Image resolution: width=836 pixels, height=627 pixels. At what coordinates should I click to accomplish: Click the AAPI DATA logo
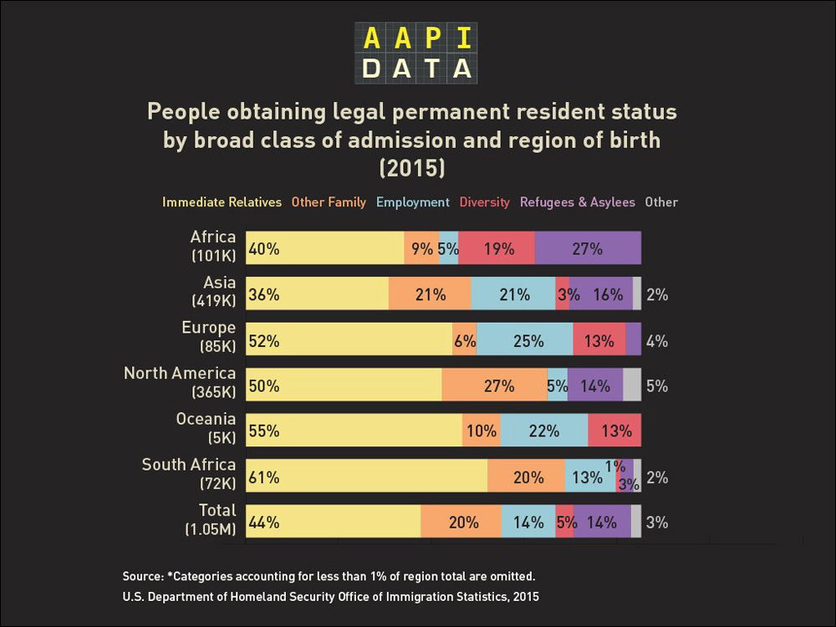coord(416,53)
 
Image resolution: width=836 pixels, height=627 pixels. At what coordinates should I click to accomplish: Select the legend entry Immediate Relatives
coord(222,202)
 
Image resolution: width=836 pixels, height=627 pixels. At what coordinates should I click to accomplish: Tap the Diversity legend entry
coord(484,202)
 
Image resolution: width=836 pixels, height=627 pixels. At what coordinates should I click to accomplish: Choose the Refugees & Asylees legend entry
coord(577,202)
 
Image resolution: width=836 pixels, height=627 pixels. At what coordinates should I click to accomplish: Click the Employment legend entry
coord(413,202)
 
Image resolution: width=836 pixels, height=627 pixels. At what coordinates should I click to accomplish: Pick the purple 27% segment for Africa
coord(588,248)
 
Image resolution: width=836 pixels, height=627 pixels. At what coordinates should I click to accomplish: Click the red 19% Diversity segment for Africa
coord(497,248)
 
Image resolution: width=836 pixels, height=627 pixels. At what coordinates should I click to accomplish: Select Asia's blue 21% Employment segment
coord(513,294)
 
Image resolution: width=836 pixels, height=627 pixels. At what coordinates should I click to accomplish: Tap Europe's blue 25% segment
coord(524,340)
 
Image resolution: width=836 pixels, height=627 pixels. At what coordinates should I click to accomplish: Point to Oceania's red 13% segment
coord(614,431)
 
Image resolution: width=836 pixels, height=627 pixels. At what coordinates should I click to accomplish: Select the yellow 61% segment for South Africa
coord(366,477)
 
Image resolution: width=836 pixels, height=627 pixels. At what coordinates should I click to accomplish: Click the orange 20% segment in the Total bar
coord(461,522)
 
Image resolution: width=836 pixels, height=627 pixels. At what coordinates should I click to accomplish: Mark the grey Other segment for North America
coord(632,385)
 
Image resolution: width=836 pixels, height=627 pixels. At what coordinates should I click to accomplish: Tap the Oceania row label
coord(206,427)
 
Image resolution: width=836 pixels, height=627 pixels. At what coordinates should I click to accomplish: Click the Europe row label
coord(209,336)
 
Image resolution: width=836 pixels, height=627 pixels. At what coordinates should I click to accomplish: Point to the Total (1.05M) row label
coord(212,519)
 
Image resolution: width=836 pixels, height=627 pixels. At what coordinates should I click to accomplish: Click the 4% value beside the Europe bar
coord(657,341)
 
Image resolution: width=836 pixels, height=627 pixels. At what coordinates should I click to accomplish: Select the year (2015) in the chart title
coord(412,167)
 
